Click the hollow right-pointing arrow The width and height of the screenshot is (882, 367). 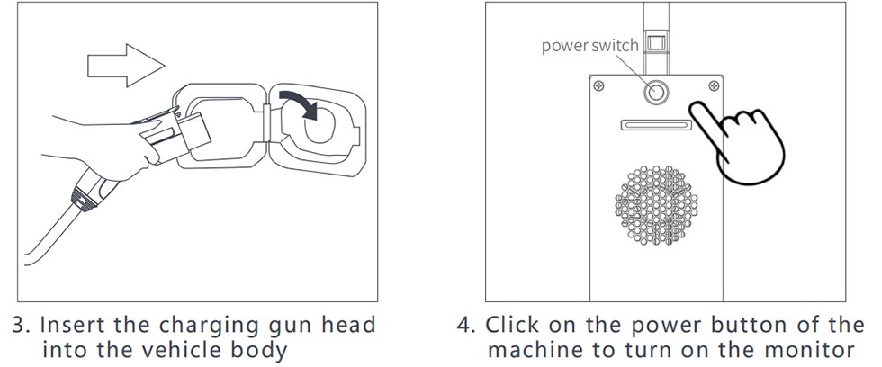tap(126, 65)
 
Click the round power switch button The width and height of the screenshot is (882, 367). tap(656, 91)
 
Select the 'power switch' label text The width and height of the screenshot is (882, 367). tap(589, 46)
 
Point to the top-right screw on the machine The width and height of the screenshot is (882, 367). tap(714, 85)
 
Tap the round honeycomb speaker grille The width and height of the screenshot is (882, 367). tap(656, 205)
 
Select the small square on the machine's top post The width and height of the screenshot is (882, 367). tap(656, 42)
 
